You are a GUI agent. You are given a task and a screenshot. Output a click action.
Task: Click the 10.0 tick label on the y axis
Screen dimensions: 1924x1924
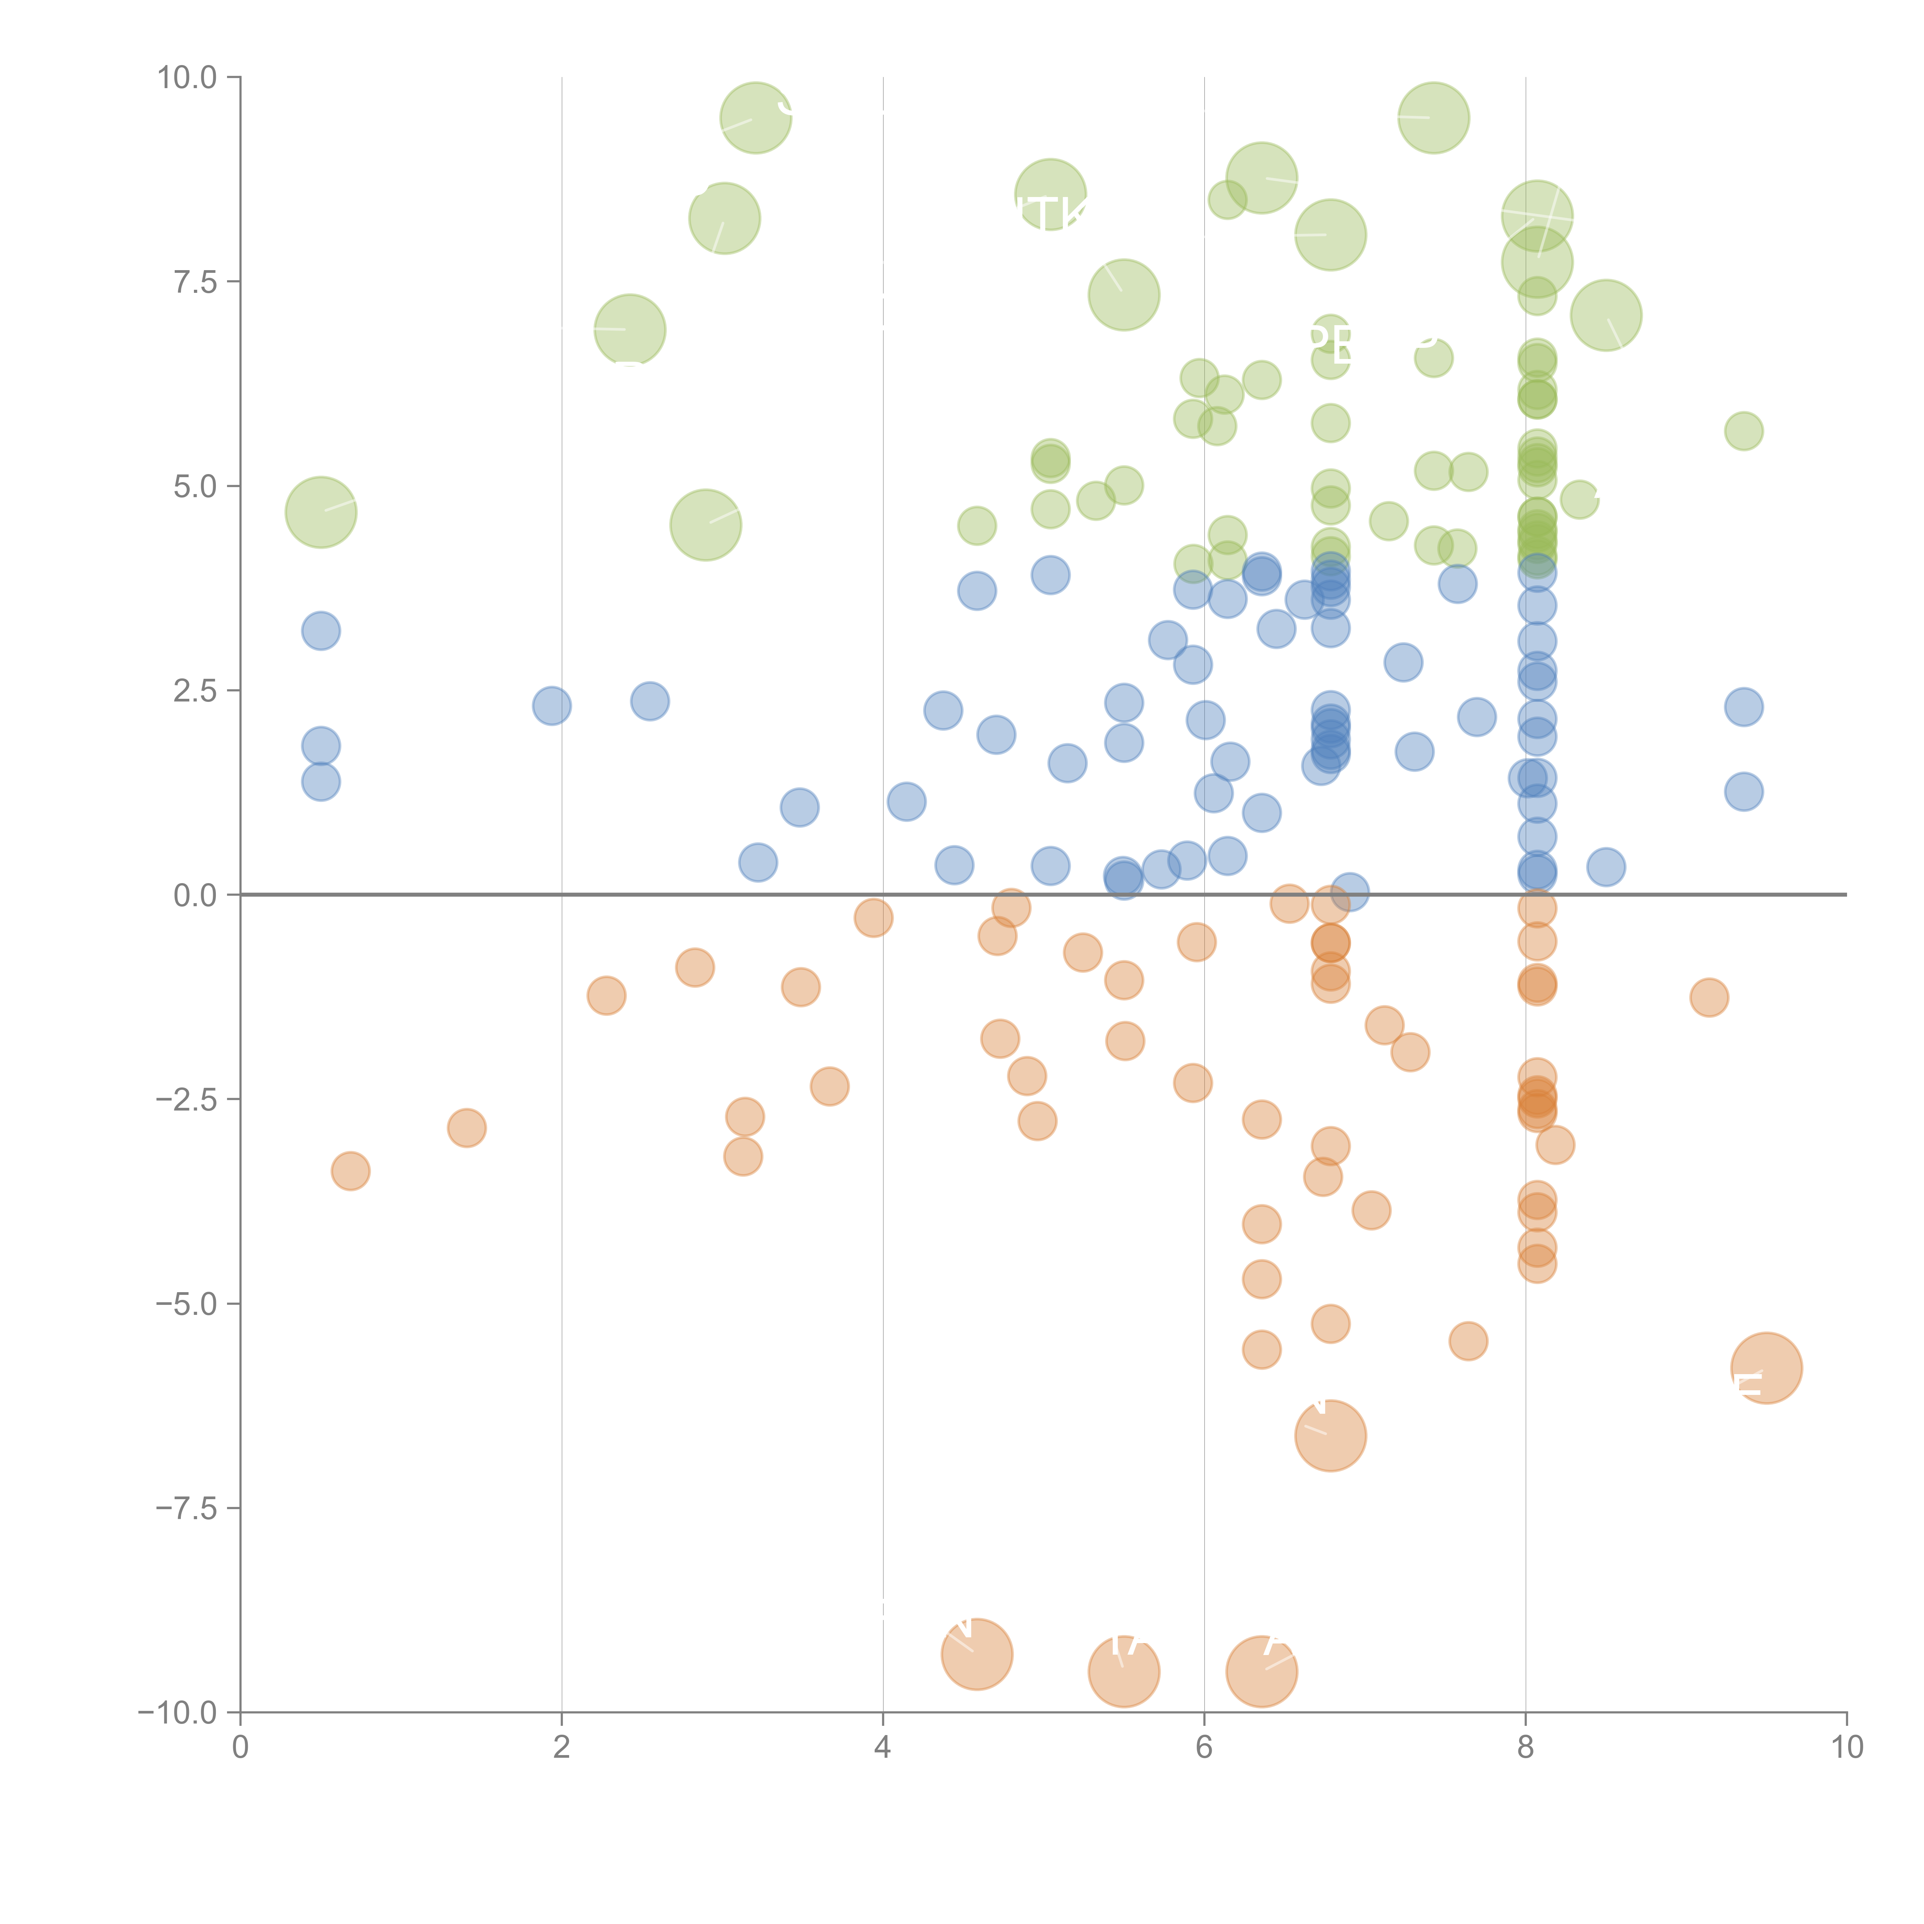187,78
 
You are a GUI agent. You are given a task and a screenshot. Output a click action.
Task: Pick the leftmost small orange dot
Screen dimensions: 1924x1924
351,1171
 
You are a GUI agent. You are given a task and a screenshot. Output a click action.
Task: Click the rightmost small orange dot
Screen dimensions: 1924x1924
1709,997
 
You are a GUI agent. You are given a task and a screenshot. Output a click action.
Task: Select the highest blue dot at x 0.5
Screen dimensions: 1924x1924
321,630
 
